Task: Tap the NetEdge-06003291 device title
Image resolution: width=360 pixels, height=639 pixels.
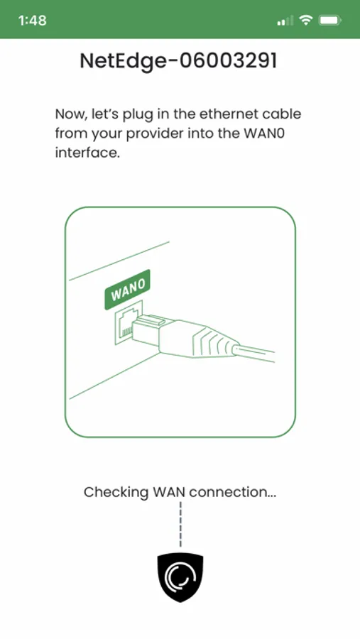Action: click(x=178, y=61)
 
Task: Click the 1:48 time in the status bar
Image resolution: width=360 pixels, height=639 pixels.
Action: click(x=32, y=21)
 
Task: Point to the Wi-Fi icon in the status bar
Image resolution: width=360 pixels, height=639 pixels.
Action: click(x=305, y=20)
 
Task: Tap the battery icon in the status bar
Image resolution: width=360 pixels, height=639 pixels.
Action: click(x=330, y=20)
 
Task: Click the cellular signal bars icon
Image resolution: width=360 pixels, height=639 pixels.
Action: click(x=285, y=21)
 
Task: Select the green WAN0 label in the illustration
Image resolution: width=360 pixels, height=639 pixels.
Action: click(x=128, y=290)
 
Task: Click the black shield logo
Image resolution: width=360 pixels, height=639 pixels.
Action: click(x=180, y=577)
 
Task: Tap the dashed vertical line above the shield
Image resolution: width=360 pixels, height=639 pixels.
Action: click(x=180, y=524)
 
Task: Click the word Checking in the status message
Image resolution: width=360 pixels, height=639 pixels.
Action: click(x=116, y=492)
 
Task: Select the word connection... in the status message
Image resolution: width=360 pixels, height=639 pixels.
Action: click(x=233, y=492)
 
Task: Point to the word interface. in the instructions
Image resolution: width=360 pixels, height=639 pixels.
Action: click(x=87, y=153)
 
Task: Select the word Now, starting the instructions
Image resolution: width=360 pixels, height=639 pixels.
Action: click(x=70, y=114)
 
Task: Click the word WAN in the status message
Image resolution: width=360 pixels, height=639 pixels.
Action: click(x=169, y=492)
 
